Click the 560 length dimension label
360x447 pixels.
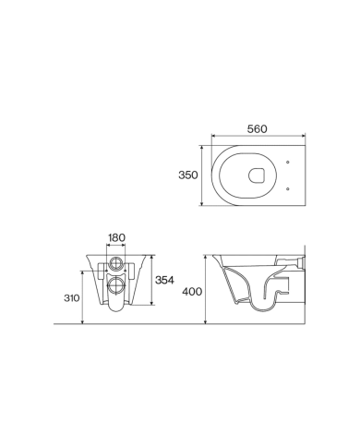tap(258, 129)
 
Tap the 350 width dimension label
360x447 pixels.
tap(188, 175)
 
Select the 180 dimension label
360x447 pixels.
tap(117, 237)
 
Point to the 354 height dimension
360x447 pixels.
tap(164, 280)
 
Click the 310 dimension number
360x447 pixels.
tap(72, 298)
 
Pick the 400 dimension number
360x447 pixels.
tap(192, 291)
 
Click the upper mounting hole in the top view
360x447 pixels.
tap(288, 162)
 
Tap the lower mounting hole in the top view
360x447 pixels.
tap(288, 188)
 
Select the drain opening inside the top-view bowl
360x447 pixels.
tap(257, 175)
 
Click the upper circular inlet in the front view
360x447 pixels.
tap(116, 262)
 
